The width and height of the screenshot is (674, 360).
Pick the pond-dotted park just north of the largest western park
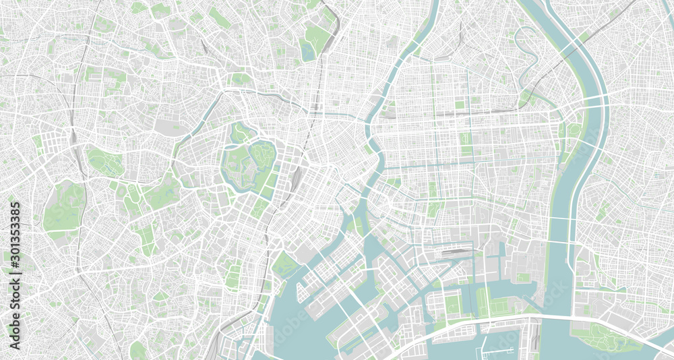pyautogui.click(x=104, y=162)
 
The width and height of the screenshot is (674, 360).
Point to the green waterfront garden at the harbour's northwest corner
pyautogui.click(x=284, y=264)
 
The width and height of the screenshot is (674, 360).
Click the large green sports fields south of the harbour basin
pyautogui.click(x=502, y=307)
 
